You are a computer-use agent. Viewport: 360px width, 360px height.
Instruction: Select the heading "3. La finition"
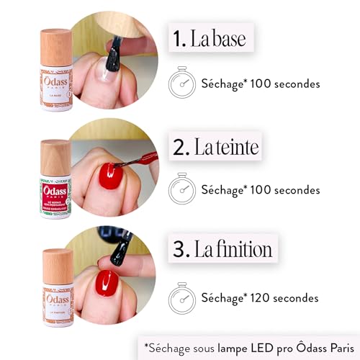[x=222, y=250]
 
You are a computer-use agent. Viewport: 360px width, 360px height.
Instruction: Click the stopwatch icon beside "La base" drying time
[x=181, y=84]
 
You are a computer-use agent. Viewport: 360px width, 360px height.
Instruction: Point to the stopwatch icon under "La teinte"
[x=181, y=190]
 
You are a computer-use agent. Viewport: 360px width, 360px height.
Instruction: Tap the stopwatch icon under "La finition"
[x=181, y=296]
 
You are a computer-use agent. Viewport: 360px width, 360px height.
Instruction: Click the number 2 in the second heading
[x=178, y=149]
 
